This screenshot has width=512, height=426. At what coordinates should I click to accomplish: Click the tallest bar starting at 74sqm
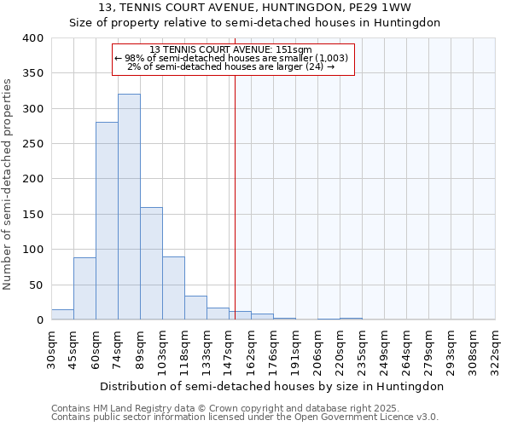click(x=129, y=207)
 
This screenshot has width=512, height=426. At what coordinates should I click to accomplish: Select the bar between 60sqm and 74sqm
click(x=107, y=221)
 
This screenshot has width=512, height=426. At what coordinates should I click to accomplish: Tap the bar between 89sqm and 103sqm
click(x=151, y=263)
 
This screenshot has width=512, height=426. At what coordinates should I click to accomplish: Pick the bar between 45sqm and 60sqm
click(x=84, y=288)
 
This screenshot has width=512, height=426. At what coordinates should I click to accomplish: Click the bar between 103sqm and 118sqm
click(x=173, y=288)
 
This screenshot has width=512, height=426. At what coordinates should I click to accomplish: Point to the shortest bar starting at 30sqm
click(x=62, y=314)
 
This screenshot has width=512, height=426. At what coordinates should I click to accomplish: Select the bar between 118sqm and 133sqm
click(x=195, y=308)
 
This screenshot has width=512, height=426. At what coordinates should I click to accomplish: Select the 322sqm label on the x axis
click(x=496, y=349)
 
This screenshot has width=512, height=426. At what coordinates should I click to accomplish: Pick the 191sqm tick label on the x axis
click(x=296, y=349)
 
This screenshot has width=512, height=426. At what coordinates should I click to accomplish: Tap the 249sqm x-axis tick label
click(x=385, y=349)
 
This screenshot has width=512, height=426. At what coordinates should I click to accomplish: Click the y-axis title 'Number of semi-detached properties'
click(x=9, y=183)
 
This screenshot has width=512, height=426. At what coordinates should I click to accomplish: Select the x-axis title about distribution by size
click(x=272, y=386)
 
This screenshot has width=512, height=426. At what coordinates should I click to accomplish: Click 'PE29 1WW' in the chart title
click(x=382, y=8)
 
